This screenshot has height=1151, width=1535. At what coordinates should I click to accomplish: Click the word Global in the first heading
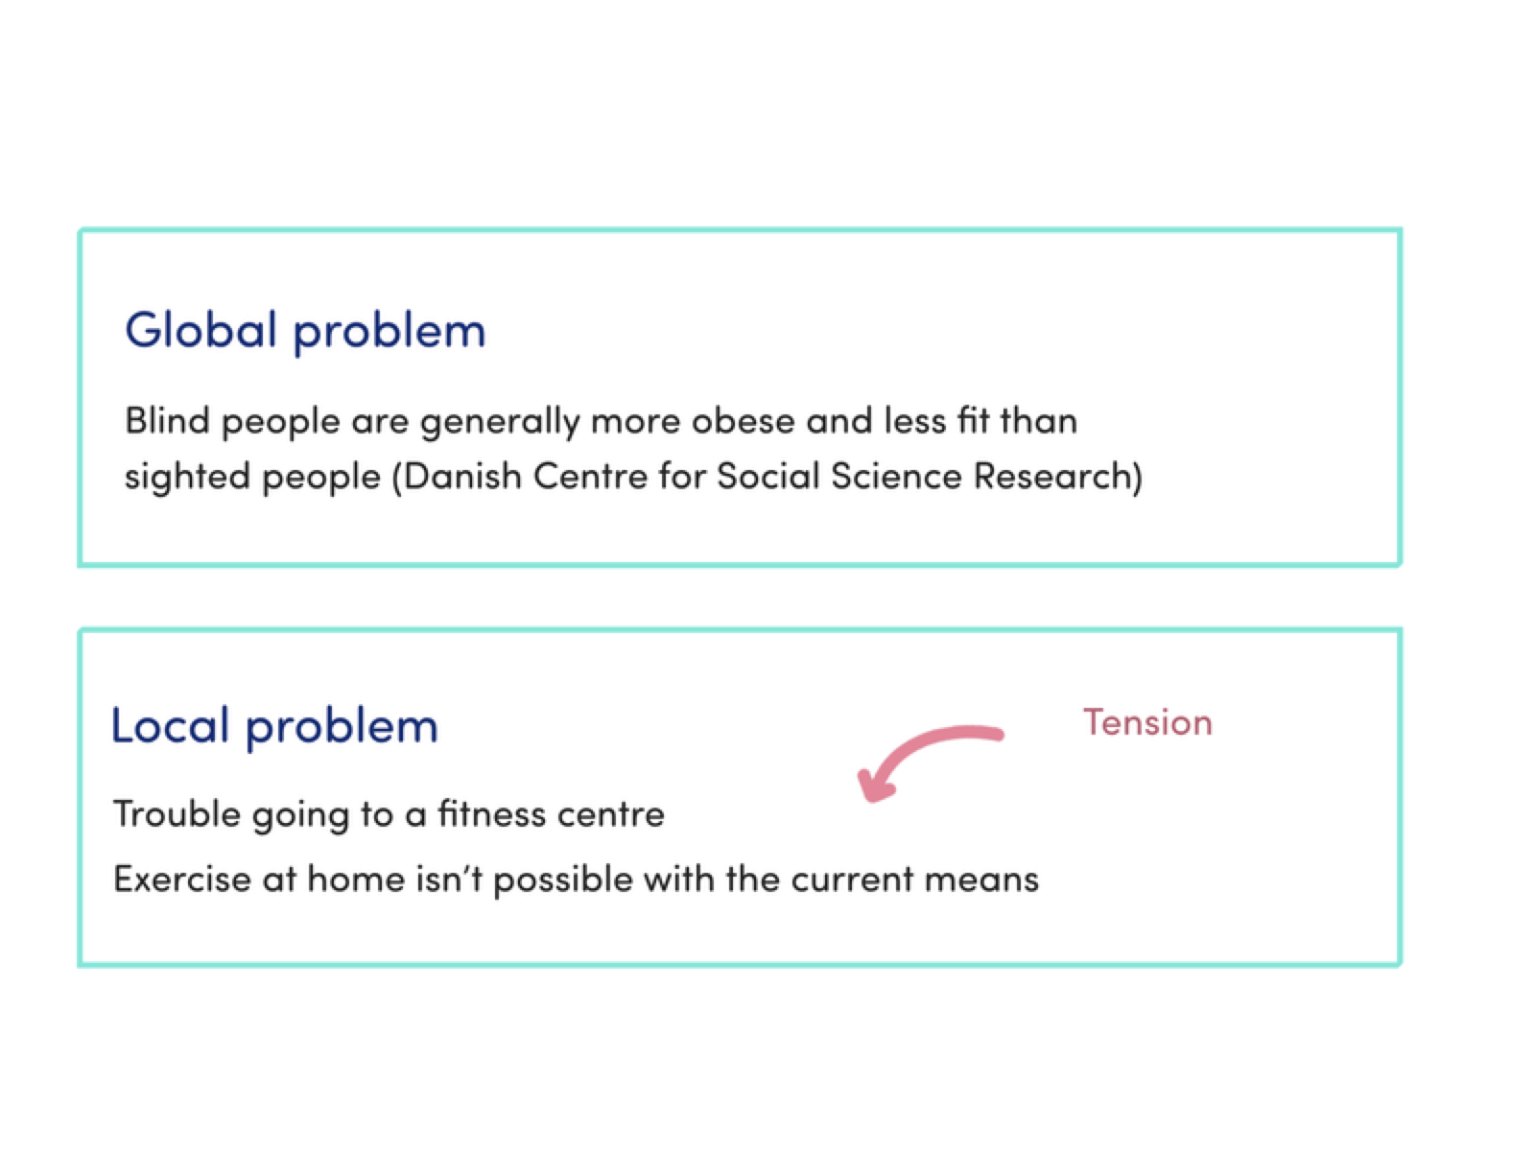(201, 330)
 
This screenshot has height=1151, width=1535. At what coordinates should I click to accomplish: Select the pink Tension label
(1147, 722)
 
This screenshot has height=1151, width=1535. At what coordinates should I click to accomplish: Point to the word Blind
(167, 421)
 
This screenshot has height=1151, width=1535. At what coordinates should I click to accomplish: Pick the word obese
(742, 421)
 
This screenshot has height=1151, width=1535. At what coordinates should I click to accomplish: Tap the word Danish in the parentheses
(463, 477)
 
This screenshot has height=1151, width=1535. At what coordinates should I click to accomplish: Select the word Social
(767, 477)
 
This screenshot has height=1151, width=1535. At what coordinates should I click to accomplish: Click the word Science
(896, 477)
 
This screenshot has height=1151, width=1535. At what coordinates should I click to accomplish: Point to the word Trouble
(177, 814)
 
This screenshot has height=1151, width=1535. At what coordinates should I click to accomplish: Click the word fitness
(491, 814)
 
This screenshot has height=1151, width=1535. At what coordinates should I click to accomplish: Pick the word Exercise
(182, 879)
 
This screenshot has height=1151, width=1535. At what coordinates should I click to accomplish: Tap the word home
(356, 879)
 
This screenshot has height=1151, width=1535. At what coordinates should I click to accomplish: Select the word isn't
(449, 879)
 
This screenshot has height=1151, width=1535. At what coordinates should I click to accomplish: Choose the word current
(852, 880)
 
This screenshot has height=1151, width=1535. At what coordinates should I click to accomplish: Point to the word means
(981, 881)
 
